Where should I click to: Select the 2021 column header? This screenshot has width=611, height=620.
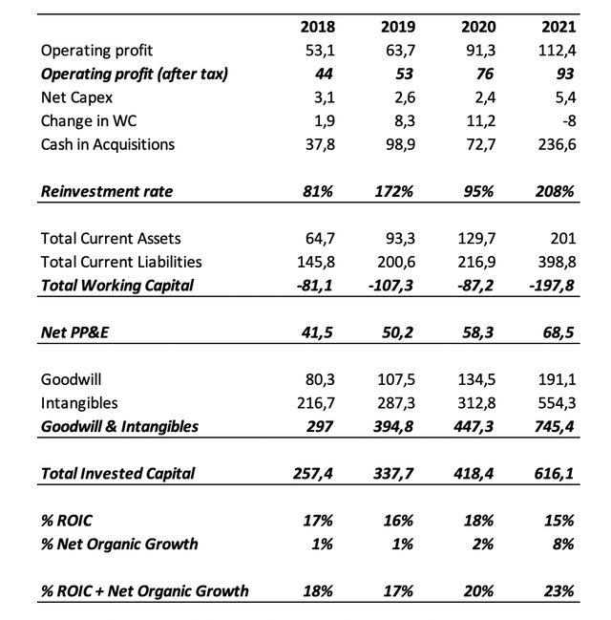[558, 27]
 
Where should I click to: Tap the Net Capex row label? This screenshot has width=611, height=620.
[76, 97]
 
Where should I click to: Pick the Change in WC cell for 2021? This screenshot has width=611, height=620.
[565, 121]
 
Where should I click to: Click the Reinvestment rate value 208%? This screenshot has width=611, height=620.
[556, 191]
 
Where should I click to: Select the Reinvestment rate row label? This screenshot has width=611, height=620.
[107, 191]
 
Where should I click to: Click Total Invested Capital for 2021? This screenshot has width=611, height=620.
[556, 473]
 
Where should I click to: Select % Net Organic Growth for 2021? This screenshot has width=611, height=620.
[562, 544]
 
